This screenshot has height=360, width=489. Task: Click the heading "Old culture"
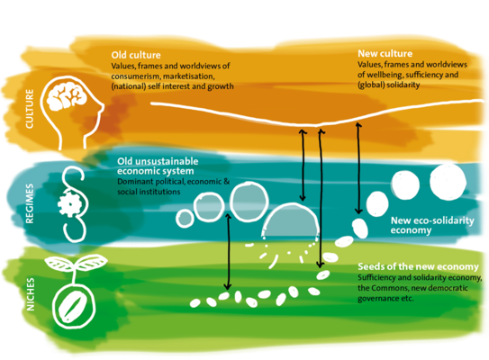tap(136, 55)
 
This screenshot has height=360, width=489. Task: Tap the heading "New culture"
tap(385, 54)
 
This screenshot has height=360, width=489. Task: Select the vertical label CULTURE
tap(30, 109)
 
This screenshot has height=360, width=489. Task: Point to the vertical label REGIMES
tap(30, 203)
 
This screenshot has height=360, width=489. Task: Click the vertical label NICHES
tap(31, 294)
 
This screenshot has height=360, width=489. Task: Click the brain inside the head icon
tap(67, 97)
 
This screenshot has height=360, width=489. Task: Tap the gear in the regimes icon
tap(69, 204)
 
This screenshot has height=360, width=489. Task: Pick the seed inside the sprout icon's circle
tap(74, 307)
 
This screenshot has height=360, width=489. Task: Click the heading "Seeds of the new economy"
tap(418, 266)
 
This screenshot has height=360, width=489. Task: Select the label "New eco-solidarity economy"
tap(432, 225)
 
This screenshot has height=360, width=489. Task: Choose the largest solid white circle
tap(448, 182)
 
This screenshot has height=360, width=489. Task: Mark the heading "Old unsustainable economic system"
tap(158, 166)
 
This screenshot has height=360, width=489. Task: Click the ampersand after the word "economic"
tap(227, 182)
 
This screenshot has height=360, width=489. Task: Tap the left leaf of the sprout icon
tap(59, 264)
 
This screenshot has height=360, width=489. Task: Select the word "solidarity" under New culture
tap(403, 85)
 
